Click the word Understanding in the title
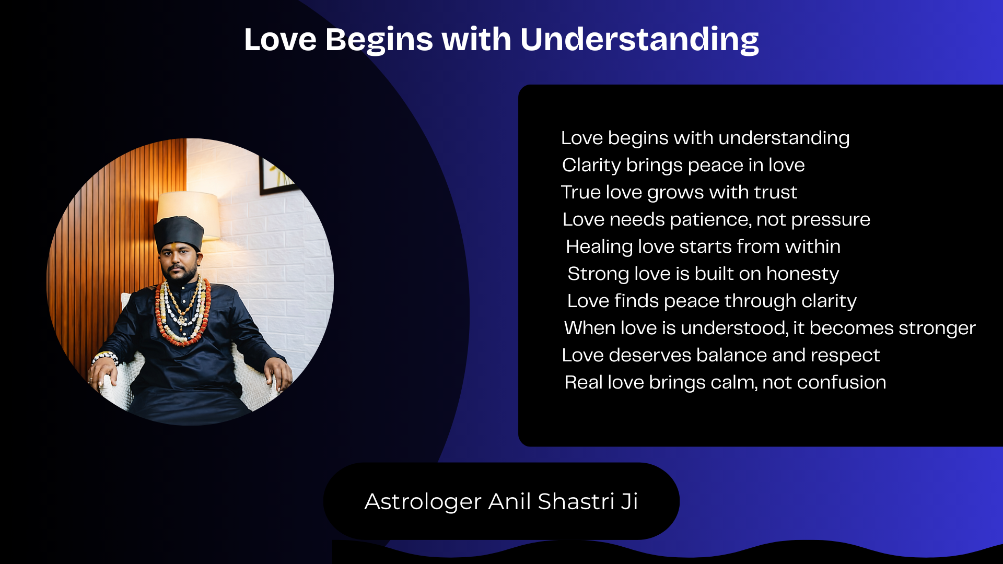point(639,40)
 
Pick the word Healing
point(599,247)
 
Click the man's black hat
point(179,233)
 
